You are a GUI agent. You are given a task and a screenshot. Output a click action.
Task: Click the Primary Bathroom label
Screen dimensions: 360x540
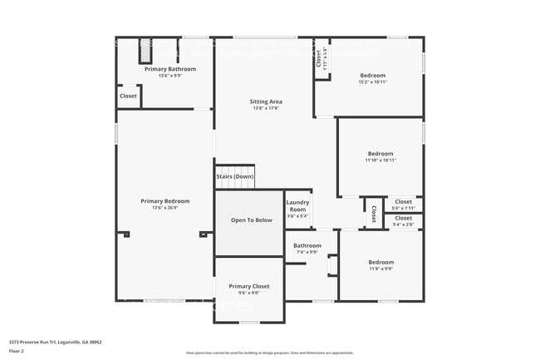tap(170, 69)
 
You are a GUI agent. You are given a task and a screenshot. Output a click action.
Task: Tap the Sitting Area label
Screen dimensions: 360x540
tap(266, 101)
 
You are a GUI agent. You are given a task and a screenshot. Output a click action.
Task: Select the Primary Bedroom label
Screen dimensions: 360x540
tap(164, 201)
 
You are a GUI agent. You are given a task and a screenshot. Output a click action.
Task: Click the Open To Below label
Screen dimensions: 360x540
tap(251, 220)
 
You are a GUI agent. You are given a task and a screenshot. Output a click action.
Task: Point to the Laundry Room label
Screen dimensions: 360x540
tap(297, 206)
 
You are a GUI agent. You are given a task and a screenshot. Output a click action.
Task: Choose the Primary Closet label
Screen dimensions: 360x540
tap(249, 286)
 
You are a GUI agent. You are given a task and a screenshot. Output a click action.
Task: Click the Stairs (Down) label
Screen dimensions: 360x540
tap(235, 177)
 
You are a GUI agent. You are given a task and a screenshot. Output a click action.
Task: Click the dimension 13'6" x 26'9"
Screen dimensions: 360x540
tap(164, 208)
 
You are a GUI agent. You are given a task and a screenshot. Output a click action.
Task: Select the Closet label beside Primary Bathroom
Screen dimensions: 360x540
tap(128, 96)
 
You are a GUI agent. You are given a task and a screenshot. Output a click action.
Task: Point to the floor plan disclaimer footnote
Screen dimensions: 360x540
tap(269, 353)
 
